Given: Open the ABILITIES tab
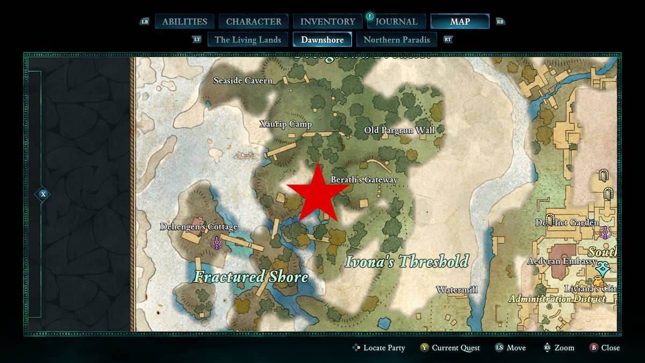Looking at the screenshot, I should click(184, 22).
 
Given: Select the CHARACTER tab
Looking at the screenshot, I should click(254, 22).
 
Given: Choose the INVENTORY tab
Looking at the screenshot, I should click(327, 22).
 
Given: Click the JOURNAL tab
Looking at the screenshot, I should click(396, 22).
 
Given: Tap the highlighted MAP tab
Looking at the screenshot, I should click(460, 22).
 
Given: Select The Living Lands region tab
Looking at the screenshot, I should click(248, 39).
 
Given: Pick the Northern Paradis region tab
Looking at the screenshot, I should click(397, 39).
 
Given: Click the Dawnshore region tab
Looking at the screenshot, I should click(322, 39).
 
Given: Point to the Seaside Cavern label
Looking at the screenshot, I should click(243, 81).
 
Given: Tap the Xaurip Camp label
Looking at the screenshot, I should click(286, 124).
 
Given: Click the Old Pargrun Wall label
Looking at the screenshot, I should click(399, 130).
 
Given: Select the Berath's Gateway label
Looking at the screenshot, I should click(364, 180).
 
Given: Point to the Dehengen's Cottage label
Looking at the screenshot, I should click(199, 227).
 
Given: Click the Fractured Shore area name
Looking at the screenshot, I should click(251, 277).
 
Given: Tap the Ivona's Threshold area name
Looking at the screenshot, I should click(406, 262).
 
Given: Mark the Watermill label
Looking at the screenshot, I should click(456, 290).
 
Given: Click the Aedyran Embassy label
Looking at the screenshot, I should click(562, 262).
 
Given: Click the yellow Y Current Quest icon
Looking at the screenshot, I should click(424, 348).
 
